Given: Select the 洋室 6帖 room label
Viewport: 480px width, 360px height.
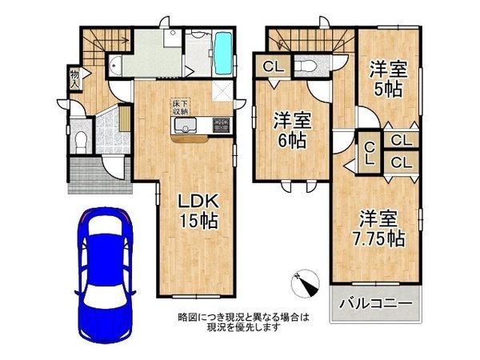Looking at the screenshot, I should click(x=291, y=130).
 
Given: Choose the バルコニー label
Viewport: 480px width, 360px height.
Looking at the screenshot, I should click(x=374, y=304).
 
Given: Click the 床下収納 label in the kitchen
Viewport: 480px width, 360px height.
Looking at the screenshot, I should click(x=180, y=108).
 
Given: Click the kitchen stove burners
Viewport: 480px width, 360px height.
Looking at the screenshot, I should click(x=221, y=125).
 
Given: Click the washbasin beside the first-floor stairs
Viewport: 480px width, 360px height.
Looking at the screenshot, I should click(x=114, y=67).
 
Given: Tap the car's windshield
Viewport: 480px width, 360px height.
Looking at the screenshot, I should click(x=105, y=241).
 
